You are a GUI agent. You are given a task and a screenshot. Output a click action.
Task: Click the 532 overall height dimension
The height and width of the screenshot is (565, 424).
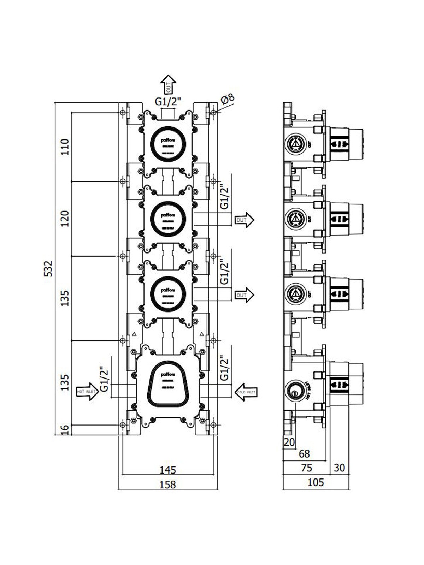(x=48, y=268)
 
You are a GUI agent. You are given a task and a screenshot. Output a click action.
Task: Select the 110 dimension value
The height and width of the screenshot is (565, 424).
(x=65, y=147)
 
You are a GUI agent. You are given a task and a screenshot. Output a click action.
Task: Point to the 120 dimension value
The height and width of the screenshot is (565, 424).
(x=65, y=219)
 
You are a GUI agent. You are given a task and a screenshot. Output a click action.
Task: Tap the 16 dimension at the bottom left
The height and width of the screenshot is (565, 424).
(x=65, y=429)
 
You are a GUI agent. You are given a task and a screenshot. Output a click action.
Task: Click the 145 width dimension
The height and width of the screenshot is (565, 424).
(x=167, y=470)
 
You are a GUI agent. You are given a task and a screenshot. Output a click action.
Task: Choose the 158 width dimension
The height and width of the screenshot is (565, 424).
(x=167, y=484)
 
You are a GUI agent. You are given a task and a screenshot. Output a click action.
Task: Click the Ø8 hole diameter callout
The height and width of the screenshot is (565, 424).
(x=228, y=99)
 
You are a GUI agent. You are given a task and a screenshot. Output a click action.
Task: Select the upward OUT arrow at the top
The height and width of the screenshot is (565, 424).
(x=169, y=84)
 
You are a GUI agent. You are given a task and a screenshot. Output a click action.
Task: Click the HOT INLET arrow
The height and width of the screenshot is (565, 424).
(x=87, y=392)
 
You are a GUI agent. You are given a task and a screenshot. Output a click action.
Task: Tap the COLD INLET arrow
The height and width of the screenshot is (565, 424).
(x=246, y=392)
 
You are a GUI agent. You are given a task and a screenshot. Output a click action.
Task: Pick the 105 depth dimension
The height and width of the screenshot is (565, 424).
(x=316, y=482)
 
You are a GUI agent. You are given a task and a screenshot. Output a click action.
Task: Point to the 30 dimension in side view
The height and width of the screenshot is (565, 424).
(x=339, y=468)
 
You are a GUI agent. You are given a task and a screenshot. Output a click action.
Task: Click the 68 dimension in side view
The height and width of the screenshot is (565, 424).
(x=304, y=453)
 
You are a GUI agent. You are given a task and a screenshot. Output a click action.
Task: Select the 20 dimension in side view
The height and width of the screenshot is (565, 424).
(x=289, y=442)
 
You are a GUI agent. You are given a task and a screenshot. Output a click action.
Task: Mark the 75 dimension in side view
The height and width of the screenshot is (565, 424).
(x=307, y=468)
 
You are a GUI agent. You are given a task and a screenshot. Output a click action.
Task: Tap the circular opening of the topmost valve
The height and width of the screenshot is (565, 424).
(x=168, y=144)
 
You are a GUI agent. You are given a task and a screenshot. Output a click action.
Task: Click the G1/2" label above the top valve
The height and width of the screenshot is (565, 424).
(x=168, y=102)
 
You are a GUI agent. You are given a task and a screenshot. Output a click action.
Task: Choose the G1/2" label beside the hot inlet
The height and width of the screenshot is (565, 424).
(x=104, y=380)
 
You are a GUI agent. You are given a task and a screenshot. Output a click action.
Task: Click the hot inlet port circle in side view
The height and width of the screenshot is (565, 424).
(x=294, y=392)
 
